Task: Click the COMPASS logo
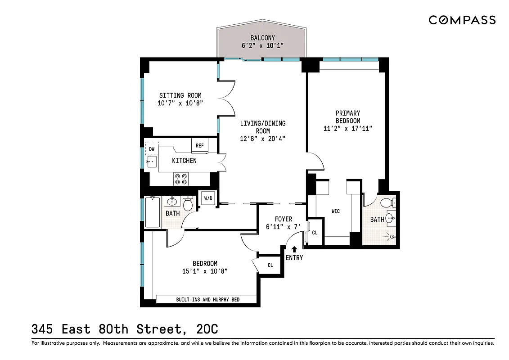pyautogui.click(x=462, y=20)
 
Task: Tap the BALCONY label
pyautogui.click(x=262, y=38)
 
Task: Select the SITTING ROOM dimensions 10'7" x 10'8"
pyautogui.click(x=180, y=103)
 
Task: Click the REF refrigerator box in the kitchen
pyautogui.click(x=200, y=146)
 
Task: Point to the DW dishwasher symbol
pyautogui.click(x=152, y=148)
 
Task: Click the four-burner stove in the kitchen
pyautogui.click(x=181, y=179)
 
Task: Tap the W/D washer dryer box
pyautogui.click(x=208, y=198)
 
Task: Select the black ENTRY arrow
pyautogui.click(x=294, y=248)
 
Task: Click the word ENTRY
pyautogui.click(x=294, y=258)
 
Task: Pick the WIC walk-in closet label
pyautogui.click(x=336, y=211)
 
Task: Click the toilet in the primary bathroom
pyautogui.click(x=387, y=203)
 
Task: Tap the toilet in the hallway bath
pyautogui.click(x=188, y=205)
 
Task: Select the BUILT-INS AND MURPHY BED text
pyautogui.click(x=206, y=299)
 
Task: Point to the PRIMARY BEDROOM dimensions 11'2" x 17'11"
pyautogui.click(x=347, y=129)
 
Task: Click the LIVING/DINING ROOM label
pyautogui.click(x=262, y=123)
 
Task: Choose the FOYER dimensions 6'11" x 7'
pyautogui.click(x=283, y=227)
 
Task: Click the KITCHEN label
pyautogui.click(x=184, y=161)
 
